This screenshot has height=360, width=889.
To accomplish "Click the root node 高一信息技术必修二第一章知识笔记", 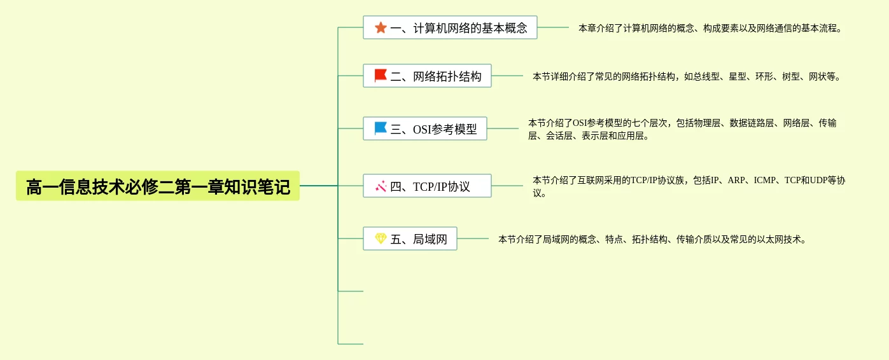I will (158, 186).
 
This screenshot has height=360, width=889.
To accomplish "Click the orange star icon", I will (381, 27).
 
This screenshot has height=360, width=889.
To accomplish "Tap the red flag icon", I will (381, 76).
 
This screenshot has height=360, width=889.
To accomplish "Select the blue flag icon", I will (381, 128).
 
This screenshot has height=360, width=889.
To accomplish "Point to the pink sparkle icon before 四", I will (381, 186).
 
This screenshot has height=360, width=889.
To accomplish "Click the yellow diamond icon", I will (381, 239).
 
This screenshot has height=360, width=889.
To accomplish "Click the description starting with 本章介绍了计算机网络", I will (710, 29).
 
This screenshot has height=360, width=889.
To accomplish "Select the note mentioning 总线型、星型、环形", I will (687, 77).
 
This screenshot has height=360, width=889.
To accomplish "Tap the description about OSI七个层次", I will (682, 129).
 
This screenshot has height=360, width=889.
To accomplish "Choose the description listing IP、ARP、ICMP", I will (689, 186).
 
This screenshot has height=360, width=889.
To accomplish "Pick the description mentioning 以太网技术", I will (652, 240).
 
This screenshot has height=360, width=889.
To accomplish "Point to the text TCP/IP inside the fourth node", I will (430, 187).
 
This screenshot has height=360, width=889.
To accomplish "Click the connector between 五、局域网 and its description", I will (473, 239).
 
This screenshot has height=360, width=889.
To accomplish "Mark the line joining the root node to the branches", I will (318, 186).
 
